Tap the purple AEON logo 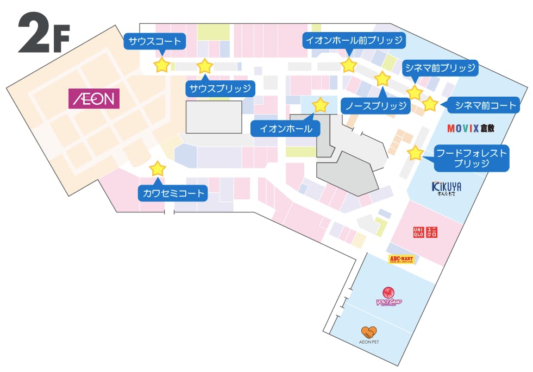point(94,99)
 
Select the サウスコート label point(154,41)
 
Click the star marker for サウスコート point(161,65)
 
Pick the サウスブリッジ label point(220,89)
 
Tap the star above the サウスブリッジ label point(204,66)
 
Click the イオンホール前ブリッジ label point(354,40)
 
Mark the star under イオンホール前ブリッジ point(348,66)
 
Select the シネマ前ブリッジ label point(440,68)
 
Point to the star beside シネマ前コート point(429,104)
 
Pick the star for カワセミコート point(158,168)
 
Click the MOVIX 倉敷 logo point(471,129)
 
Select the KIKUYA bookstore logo point(447,188)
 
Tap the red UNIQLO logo point(425,232)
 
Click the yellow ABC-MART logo point(402,259)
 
